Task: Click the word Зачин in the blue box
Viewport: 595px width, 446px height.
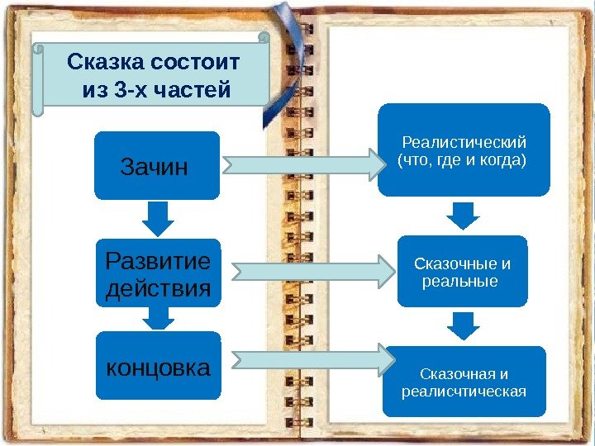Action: (x=155, y=168)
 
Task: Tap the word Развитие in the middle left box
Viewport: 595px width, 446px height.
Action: (x=157, y=262)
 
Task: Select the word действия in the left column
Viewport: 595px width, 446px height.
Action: (x=157, y=290)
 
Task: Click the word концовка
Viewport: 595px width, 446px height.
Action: (x=158, y=368)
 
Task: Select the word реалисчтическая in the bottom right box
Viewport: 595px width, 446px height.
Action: (x=464, y=391)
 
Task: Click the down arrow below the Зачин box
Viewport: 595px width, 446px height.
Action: (x=157, y=219)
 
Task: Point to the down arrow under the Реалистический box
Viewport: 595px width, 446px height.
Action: (x=463, y=216)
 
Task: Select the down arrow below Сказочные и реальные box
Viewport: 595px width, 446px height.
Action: (x=464, y=325)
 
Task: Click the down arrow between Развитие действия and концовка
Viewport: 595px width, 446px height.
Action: (x=157, y=318)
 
